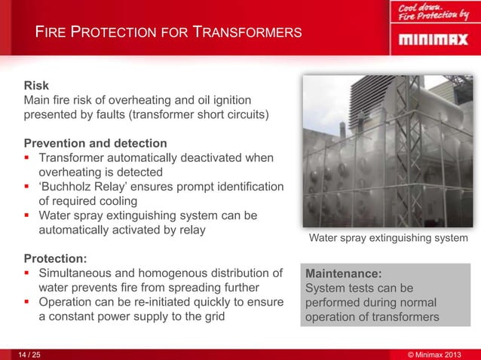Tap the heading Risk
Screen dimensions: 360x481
coord(36,86)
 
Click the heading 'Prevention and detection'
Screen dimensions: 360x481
coord(95,143)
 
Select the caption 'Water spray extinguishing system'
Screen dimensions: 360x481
coord(388,238)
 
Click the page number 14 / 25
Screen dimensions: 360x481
coord(30,352)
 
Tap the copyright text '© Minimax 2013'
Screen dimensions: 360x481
coord(437,352)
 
